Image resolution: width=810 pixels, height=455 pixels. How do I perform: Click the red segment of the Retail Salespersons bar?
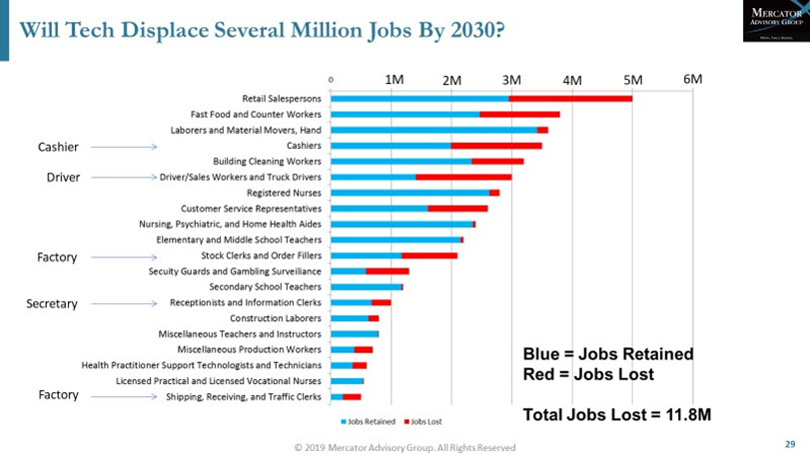tap(570, 99)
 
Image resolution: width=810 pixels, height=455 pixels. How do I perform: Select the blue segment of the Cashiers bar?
tap(391, 146)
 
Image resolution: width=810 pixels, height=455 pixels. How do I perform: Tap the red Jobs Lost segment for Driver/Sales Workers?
tap(463, 177)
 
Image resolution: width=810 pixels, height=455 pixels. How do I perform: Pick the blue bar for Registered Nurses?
tap(409, 193)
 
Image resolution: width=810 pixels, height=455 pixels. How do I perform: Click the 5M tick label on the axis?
tap(632, 79)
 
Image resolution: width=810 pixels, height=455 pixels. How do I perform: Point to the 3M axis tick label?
tap(511, 79)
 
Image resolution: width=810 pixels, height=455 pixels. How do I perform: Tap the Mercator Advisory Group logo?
tap(773, 20)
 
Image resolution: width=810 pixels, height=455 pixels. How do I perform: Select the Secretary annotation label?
tap(52, 303)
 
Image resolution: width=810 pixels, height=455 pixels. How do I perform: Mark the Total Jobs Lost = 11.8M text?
tap(617, 414)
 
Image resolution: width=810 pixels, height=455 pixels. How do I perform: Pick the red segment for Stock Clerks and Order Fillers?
tap(429, 255)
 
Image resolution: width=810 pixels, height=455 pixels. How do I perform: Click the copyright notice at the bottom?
tap(405, 448)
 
